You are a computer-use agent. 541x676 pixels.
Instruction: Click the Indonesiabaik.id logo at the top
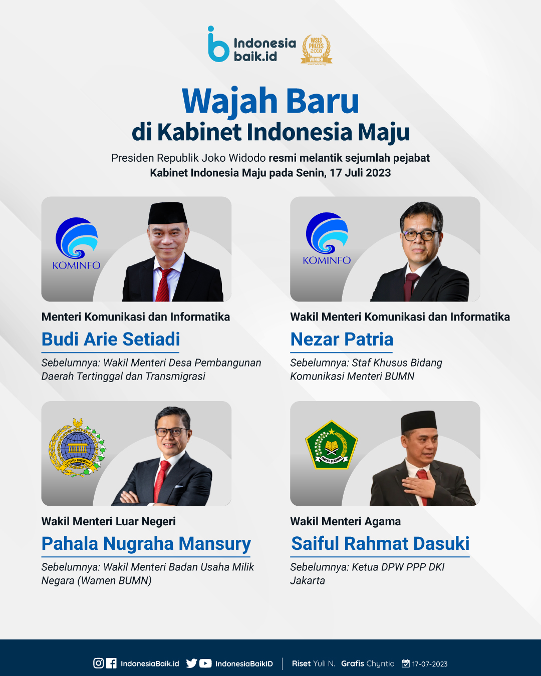[x=252, y=44]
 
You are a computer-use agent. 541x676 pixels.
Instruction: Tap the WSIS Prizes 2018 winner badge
[x=316, y=50]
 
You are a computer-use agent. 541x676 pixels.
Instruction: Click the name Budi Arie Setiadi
[x=111, y=340]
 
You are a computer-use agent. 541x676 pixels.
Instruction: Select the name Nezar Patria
[x=342, y=340]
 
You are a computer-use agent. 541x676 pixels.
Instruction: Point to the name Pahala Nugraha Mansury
[x=146, y=544]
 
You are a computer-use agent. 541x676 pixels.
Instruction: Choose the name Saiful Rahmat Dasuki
[x=380, y=544]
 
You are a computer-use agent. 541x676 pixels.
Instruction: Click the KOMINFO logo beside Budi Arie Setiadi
[x=76, y=243]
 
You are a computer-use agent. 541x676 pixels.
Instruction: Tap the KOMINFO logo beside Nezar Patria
[x=327, y=238]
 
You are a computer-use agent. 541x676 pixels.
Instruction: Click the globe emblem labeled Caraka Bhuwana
[x=77, y=447]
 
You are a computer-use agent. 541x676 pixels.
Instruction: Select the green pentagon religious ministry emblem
[x=331, y=445]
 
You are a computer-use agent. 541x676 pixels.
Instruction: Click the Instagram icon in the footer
[x=98, y=663]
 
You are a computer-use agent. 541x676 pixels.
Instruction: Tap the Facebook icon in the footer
[x=111, y=663]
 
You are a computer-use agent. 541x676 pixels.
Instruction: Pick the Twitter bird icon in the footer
[x=191, y=663]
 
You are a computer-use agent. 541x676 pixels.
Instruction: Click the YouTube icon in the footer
[x=205, y=663]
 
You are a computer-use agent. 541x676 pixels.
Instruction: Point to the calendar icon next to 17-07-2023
[x=406, y=663]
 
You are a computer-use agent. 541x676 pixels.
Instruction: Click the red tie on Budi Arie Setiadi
[x=163, y=285]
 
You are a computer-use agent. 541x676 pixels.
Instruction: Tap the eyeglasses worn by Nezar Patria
[x=421, y=235]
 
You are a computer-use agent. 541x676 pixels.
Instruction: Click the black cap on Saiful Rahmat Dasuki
[x=419, y=421]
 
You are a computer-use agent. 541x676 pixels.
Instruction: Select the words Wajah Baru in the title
[x=270, y=101]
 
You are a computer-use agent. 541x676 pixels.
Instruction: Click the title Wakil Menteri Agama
[x=346, y=521]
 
